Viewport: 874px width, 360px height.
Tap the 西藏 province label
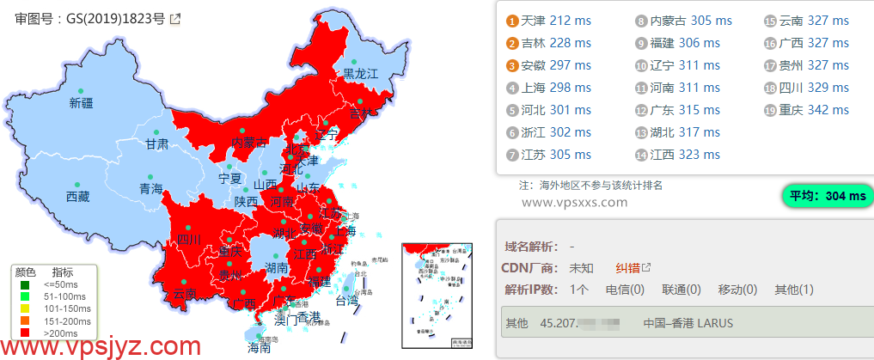click(77, 197)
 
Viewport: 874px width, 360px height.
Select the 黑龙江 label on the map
click(361, 74)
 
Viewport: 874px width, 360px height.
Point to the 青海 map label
click(151, 189)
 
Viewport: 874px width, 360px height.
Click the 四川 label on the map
click(189, 240)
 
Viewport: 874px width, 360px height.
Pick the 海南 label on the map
click(259, 348)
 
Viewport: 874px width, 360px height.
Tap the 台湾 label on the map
click(346, 301)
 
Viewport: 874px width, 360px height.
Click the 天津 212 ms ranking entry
click(555, 21)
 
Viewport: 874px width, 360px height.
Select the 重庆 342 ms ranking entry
click(813, 110)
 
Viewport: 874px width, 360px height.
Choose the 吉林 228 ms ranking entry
click(555, 43)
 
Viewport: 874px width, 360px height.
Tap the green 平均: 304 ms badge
click(827, 197)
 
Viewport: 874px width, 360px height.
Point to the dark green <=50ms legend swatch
click(25, 284)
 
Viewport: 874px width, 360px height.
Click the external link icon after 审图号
click(175, 19)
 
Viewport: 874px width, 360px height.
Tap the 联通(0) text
click(681, 290)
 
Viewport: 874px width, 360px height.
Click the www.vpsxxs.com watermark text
click(575, 202)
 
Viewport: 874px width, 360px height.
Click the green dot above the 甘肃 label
click(156, 131)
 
